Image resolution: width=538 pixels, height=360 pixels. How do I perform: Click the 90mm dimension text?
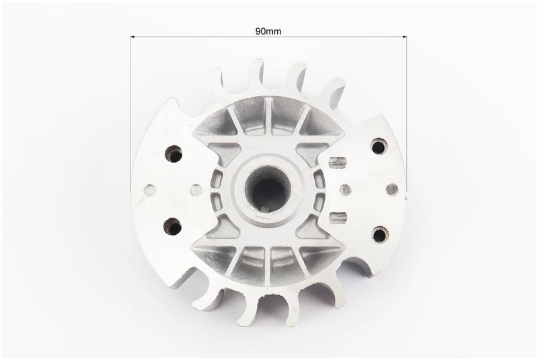(x=268, y=32)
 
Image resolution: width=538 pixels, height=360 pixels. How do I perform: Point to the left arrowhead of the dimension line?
(x=132, y=36)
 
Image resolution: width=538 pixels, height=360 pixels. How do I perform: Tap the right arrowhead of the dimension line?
(x=405, y=36)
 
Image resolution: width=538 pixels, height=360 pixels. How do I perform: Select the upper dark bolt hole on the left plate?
(x=174, y=153)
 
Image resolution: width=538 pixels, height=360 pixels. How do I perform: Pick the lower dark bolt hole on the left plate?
(x=172, y=226)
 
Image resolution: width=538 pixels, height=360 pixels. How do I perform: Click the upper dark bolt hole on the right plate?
(x=379, y=147)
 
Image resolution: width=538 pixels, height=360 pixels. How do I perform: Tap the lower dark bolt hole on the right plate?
(x=380, y=234)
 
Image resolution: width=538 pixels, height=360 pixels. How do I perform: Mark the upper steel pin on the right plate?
(x=338, y=162)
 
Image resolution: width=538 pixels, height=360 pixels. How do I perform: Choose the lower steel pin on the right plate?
(x=338, y=218)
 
